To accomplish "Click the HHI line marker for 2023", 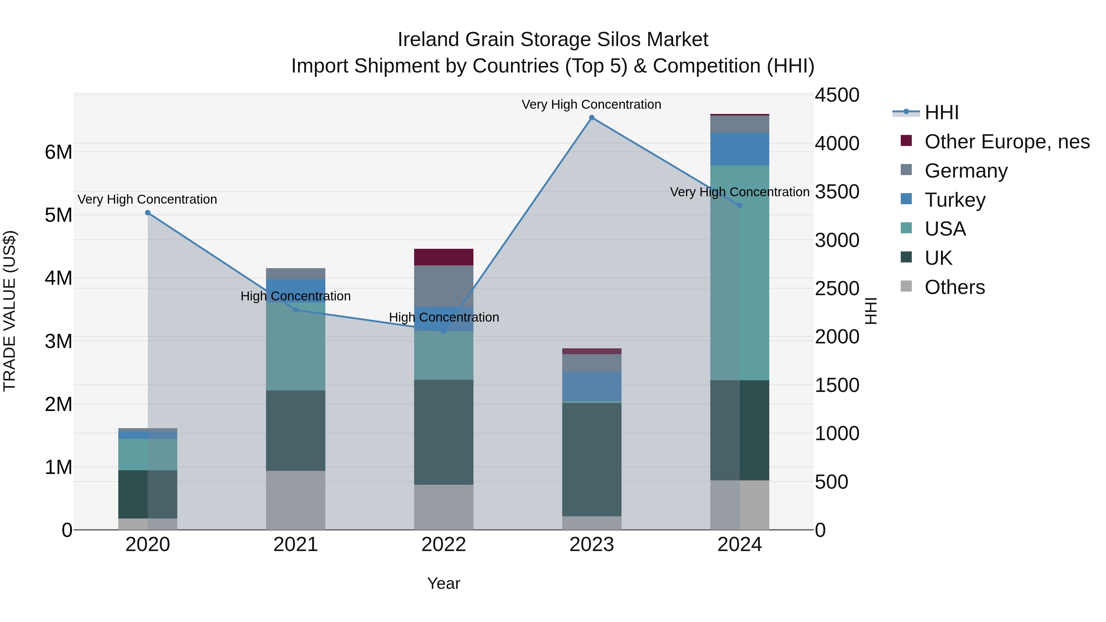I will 592,118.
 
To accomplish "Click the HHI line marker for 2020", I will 148,213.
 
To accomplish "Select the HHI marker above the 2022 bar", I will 444,331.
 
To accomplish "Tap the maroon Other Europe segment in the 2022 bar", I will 444,257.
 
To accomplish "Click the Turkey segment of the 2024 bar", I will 739,149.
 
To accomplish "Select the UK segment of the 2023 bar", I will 592,459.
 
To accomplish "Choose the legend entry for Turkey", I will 955,200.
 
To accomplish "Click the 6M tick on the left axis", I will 58,152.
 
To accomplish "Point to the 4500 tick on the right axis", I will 837,95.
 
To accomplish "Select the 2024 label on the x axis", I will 739,545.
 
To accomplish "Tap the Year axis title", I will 444,583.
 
